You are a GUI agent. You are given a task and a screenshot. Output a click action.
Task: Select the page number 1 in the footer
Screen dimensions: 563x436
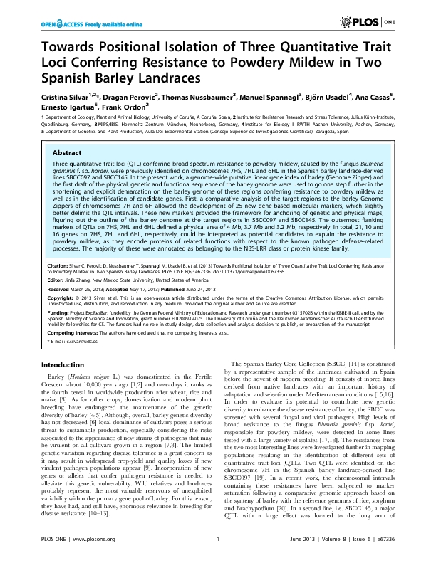click(217, 551)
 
